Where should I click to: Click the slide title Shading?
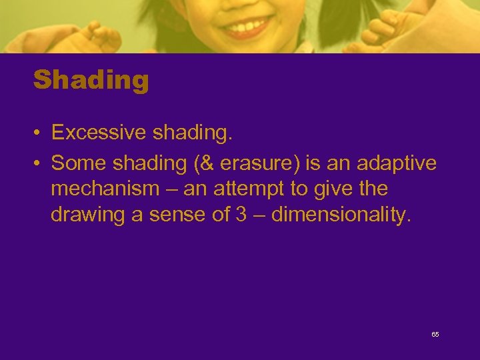tap(91, 81)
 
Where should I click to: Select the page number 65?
tap(435, 334)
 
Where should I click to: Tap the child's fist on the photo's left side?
tap(100, 37)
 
